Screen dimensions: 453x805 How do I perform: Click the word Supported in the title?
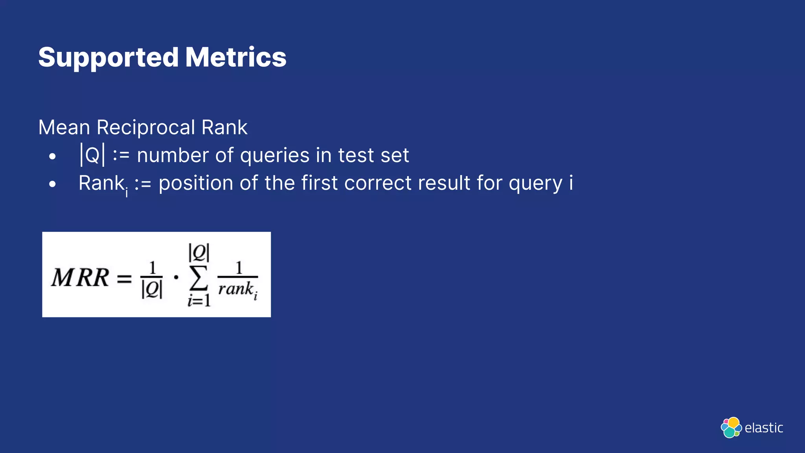[x=108, y=58]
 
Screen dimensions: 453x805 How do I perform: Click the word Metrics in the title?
[x=236, y=57]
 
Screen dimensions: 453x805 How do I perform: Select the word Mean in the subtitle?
[x=64, y=128]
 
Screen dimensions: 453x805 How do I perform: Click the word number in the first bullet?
[x=173, y=155]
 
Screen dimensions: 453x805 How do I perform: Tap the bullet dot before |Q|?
[x=52, y=157]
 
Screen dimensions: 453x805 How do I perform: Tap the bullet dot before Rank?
[x=52, y=184]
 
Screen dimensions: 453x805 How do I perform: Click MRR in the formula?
[x=80, y=278]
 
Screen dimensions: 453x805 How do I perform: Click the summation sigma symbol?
[x=198, y=278]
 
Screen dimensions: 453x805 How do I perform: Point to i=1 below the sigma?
[x=199, y=301]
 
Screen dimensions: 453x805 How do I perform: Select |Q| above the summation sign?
[x=199, y=253]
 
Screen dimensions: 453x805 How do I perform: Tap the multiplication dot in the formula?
[x=176, y=277]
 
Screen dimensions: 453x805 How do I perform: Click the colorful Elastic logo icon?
[x=731, y=427]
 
